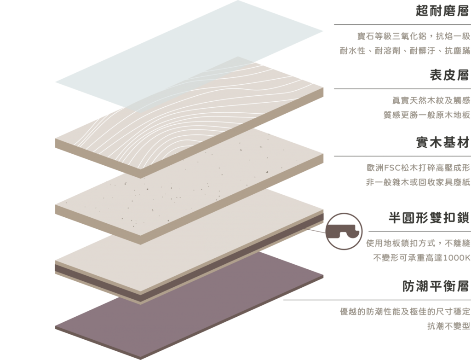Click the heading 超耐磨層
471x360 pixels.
coord(442,11)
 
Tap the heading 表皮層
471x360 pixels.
coord(449,75)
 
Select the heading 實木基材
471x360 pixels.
coord(442,142)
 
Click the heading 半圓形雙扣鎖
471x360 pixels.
coord(429,218)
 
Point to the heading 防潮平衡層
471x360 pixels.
coord(436,286)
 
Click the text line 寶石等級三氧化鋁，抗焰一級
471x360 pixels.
coord(414,36)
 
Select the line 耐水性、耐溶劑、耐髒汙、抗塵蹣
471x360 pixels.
coord(405,51)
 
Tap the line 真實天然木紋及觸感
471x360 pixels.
coord(431,100)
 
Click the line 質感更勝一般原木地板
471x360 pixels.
coord(426,115)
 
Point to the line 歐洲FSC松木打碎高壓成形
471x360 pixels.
coord(419,168)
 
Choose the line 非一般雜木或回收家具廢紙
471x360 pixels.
coord(418,182)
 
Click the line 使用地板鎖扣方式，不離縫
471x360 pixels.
coord(418,243)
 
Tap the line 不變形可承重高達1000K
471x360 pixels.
coord(422,258)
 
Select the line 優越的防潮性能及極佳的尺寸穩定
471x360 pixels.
coord(405,311)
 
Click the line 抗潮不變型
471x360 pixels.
coord(448,326)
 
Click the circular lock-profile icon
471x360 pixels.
coord(344,231)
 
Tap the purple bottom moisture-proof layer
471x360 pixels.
coord(189,305)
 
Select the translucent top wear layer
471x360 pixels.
coord(189,54)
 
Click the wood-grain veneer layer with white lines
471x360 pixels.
coord(189,117)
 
